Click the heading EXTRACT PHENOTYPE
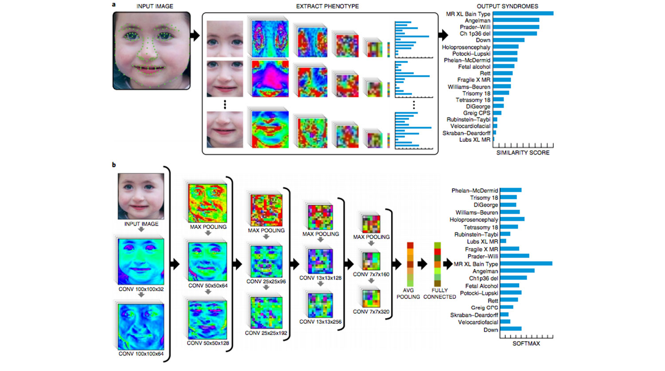(x=327, y=6)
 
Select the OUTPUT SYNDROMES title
(x=507, y=6)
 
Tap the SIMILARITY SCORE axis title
(x=523, y=152)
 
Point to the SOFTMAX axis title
(x=526, y=344)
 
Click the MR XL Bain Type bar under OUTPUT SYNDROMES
(x=523, y=14)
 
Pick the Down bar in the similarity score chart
(x=509, y=40)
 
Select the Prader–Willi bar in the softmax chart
(x=514, y=256)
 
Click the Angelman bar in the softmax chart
(x=517, y=271)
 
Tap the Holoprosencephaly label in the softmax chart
(x=473, y=220)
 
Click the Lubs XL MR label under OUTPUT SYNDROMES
(x=474, y=140)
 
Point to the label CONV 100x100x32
(x=141, y=289)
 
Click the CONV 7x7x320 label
(x=371, y=312)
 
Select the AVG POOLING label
(x=408, y=293)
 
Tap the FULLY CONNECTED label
(x=439, y=293)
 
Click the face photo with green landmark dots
(x=152, y=51)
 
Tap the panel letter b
(x=114, y=165)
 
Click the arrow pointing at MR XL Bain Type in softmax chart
(x=447, y=264)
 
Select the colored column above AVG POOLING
(x=410, y=264)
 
